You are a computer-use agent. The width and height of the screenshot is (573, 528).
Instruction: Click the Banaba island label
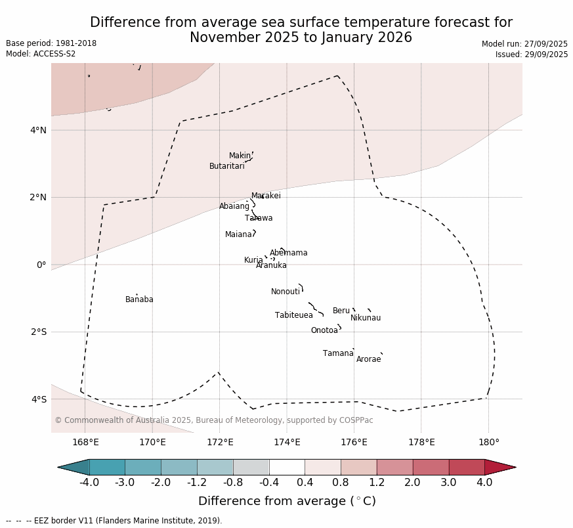[x=139, y=299]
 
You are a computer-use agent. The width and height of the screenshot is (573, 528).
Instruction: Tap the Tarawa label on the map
[x=259, y=218]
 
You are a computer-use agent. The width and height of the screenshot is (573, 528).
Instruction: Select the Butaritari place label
[x=226, y=166]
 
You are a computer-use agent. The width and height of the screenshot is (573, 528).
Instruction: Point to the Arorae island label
[x=368, y=359]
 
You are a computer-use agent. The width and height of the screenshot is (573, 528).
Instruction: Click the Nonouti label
[x=286, y=292]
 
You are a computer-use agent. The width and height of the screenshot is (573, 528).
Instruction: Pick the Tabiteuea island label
[x=293, y=315]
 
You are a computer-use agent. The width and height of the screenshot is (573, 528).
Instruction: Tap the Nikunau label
[x=365, y=318]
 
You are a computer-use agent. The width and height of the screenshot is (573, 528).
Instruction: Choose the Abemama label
[x=288, y=253]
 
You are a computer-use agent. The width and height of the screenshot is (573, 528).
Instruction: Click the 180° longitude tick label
[x=488, y=442]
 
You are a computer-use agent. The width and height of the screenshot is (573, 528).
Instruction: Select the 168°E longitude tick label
[x=85, y=442]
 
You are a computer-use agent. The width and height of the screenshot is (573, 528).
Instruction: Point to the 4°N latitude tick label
[x=38, y=130]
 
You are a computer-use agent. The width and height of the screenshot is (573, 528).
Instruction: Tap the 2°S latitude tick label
[x=38, y=332]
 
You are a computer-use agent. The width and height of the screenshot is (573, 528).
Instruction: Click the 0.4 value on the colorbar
[x=305, y=483]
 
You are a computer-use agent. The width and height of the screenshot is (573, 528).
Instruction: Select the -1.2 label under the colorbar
[x=196, y=483]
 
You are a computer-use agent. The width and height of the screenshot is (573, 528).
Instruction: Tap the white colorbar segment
[x=287, y=467]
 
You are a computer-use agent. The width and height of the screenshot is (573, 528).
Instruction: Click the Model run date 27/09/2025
[x=524, y=44]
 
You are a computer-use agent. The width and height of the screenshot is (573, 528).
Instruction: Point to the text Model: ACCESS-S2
[x=41, y=54]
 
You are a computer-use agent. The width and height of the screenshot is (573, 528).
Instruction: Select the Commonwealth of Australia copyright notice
[x=213, y=420]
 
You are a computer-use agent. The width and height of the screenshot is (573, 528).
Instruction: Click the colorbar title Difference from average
[x=287, y=501]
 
